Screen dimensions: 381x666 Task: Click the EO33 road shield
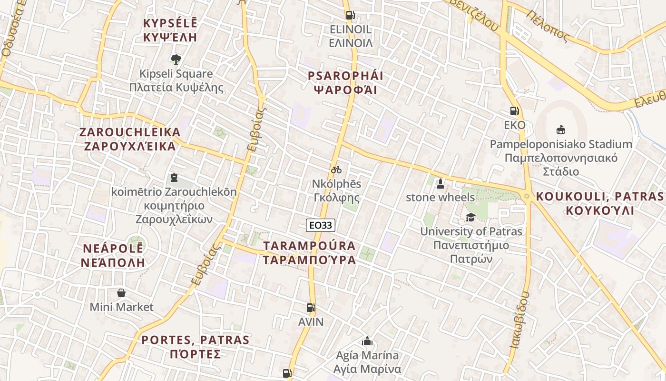[x=321, y=225]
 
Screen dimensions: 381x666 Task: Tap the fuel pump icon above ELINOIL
[x=350, y=15]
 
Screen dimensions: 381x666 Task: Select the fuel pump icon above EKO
[x=514, y=111]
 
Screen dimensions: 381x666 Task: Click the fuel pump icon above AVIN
[x=311, y=308]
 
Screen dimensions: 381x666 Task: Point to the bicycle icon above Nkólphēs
[x=336, y=170]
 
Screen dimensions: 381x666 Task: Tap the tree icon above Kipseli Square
[x=176, y=60]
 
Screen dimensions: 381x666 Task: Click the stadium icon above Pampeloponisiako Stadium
[x=561, y=130]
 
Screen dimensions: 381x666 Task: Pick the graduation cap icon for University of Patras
[x=470, y=218]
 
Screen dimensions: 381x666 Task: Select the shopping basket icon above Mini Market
[x=121, y=292]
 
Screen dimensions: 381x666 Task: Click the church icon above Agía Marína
[x=367, y=341]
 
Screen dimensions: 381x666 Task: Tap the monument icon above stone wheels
[x=440, y=183]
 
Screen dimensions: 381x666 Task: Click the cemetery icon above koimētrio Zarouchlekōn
[x=174, y=178]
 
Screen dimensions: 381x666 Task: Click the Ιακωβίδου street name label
[x=519, y=320]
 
